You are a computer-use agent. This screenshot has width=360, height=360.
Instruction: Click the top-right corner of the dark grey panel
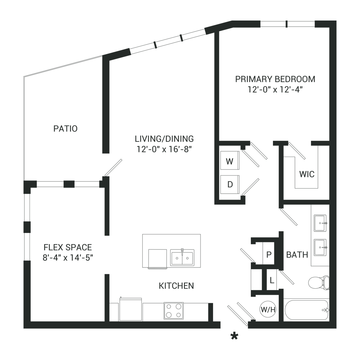click(x=336, y=21)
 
